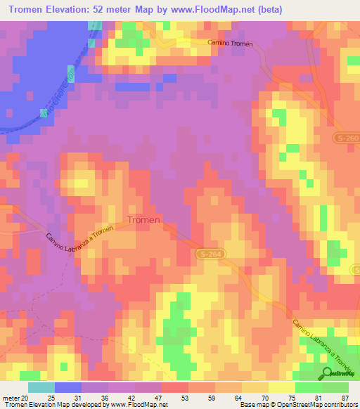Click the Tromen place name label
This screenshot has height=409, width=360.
pos(143,219)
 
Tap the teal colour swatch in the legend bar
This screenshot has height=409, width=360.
pos(41,387)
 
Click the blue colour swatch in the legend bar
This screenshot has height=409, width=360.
pos(67,387)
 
